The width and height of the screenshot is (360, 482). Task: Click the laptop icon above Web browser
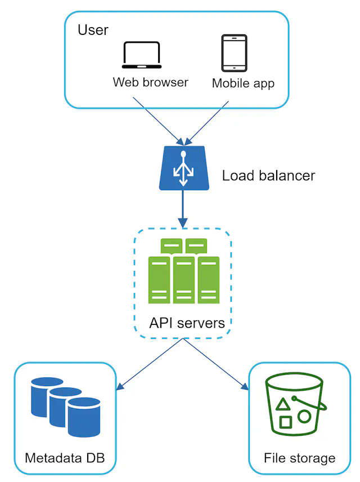[x=141, y=55]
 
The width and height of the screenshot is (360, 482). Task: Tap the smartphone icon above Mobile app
[x=234, y=53]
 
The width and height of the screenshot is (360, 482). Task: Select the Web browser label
[x=150, y=82]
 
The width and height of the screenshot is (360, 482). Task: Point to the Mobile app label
[x=243, y=83]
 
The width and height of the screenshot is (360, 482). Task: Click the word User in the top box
[x=93, y=30]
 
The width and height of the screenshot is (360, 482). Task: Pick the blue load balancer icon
[x=182, y=167]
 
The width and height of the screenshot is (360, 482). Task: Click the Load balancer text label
[x=268, y=175]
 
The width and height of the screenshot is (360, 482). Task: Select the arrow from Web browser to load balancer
[x=157, y=120]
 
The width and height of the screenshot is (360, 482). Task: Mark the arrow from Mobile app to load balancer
[x=209, y=122]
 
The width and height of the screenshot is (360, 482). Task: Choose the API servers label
[x=187, y=323]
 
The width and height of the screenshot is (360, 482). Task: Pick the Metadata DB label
[x=65, y=457]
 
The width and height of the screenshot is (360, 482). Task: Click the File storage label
[x=299, y=457]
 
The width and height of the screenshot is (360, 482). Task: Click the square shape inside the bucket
[x=286, y=422]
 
